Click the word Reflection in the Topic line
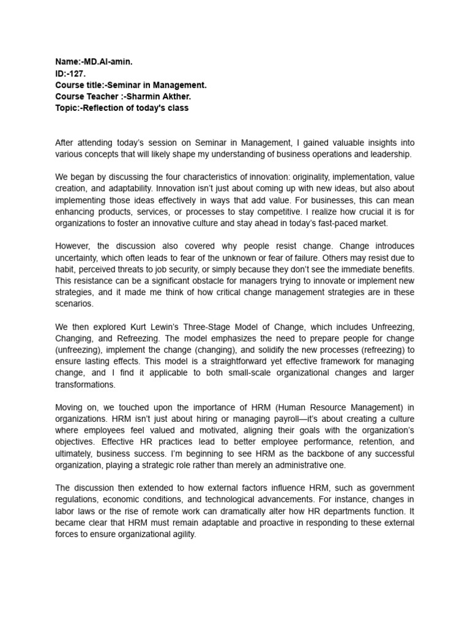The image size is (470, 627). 108,108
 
